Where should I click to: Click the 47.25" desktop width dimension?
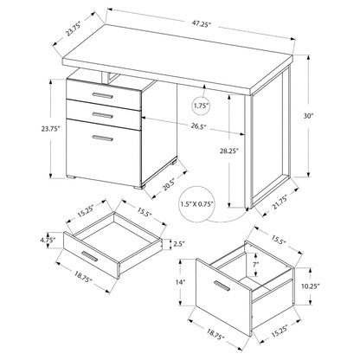pyautogui.click(x=201, y=24)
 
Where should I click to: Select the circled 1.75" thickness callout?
pyautogui.click(x=201, y=106)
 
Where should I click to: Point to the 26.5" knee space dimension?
pyautogui.click(x=197, y=126)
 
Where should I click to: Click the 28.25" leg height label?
pyautogui.click(x=228, y=151)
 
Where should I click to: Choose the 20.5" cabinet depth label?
pyautogui.click(x=169, y=184)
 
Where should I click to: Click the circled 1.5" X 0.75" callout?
pyautogui.click(x=197, y=204)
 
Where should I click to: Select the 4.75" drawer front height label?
pyautogui.click(x=48, y=240)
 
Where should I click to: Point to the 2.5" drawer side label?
pyautogui.click(x=179, y=244)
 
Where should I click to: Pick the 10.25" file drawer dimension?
pyautogui.click(x=311, y=286)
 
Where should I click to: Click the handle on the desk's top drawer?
pyautogui.click(x=103, y=95)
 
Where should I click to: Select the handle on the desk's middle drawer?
pyautogui.click(x=103, y=115)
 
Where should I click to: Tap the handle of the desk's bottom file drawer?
pyautogui.click(x=103, y=138)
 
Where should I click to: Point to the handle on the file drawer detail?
pyautogui.click(x=222, y=286)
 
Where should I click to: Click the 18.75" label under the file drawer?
pyautogui.click(x=215, y=334)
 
